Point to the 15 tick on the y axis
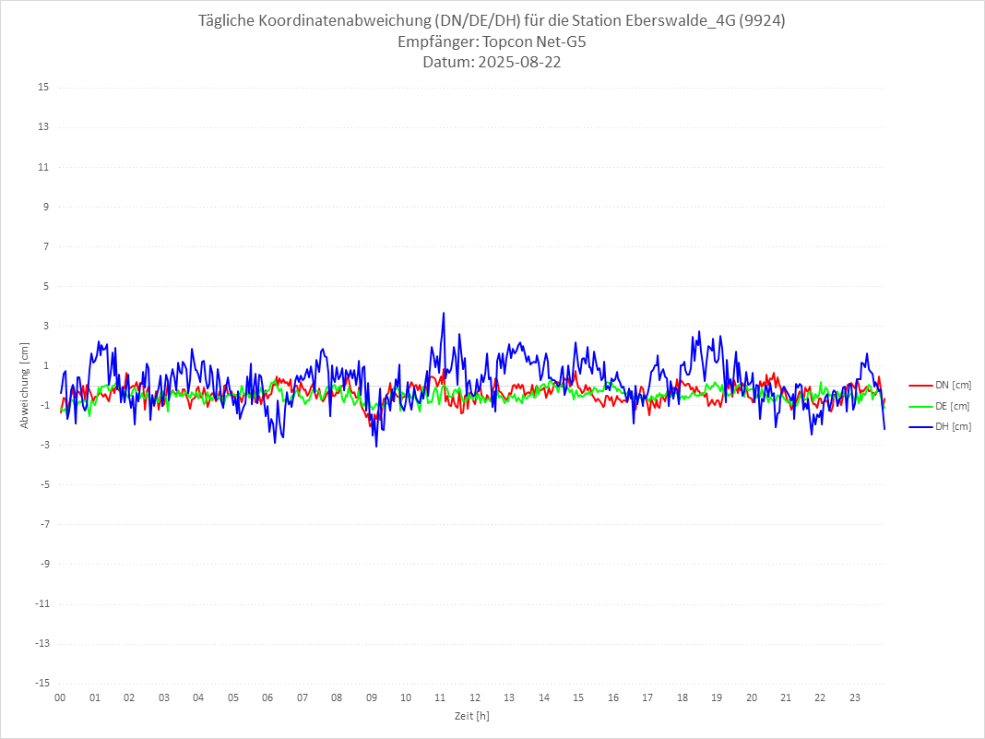[x=43, y=88]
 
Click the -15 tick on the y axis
[x=42, y=683]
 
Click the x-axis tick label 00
[x=60, y=698]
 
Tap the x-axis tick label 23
[x=855, y=698]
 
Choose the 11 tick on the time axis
[x=441, y=698]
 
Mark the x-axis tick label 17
[x=647, y=698]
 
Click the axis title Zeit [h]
[x=471, y=716]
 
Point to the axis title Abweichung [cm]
[x=25, y=385]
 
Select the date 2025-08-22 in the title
[x=516, y=63]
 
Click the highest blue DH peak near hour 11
[x=444, y=313]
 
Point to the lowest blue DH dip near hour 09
[x=376, y=447]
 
